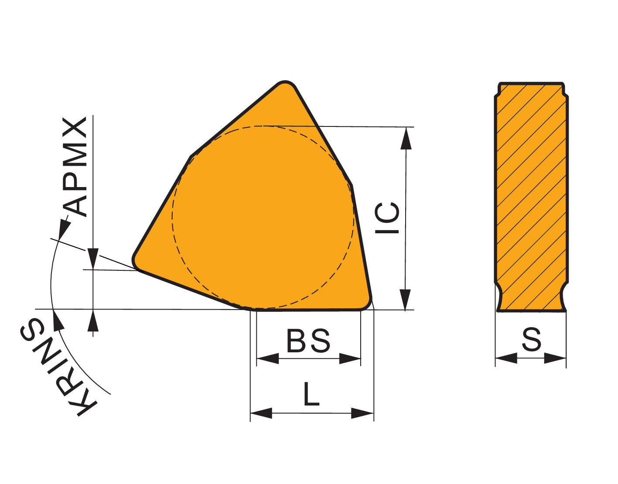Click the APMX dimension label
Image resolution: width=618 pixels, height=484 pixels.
(x=75, y=167)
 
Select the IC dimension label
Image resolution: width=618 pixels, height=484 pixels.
(x=387, y=218)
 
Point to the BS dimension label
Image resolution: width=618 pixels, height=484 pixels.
(x=308, y=341)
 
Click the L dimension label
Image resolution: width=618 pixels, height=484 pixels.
(x=311, y=394)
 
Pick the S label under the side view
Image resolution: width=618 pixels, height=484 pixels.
(x=531, y=339)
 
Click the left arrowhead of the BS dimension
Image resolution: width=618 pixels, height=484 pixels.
(x=268, y=359)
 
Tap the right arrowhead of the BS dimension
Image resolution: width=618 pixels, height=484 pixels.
(x=350, y=359)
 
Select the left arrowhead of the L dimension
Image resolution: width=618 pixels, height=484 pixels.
(x=261, y=413)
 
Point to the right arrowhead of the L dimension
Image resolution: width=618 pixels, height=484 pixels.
(x=362, y=413)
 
